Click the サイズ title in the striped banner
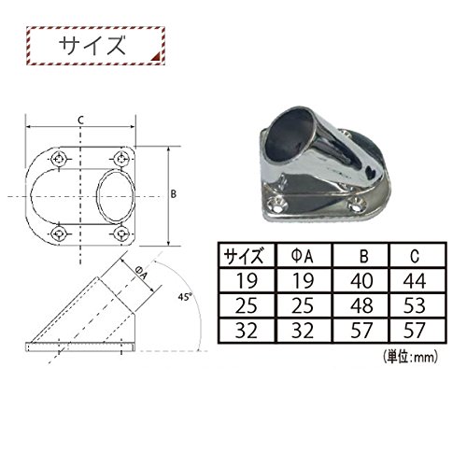pos(92,46)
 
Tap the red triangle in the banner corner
pos(157,56)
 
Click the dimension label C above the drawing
pos(81,120)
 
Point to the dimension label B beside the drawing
pos(174,194)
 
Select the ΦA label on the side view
pos(141,273)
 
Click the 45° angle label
pos(184,297)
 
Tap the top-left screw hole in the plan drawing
pos(59,159)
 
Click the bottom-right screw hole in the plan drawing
pos(121,233)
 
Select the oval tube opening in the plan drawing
pos(97,196)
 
